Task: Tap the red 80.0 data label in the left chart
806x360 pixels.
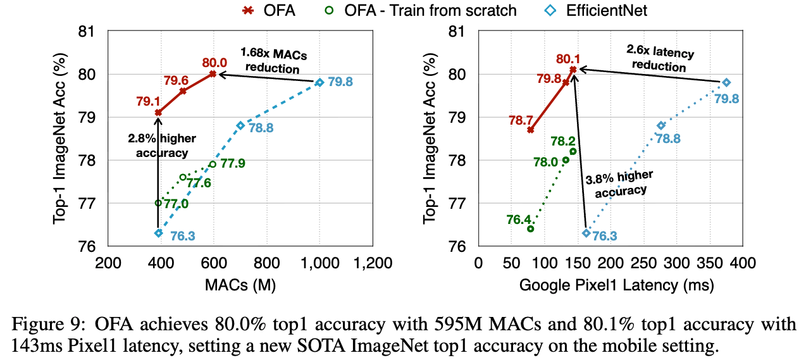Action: [x=215, y=63]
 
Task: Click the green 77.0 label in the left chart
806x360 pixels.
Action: [x=177, y=204]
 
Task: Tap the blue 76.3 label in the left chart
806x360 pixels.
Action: [x=183, y=235]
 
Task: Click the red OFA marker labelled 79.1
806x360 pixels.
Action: [x=158, y=113]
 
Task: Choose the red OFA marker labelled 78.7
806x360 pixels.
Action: [x=531, y=130]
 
